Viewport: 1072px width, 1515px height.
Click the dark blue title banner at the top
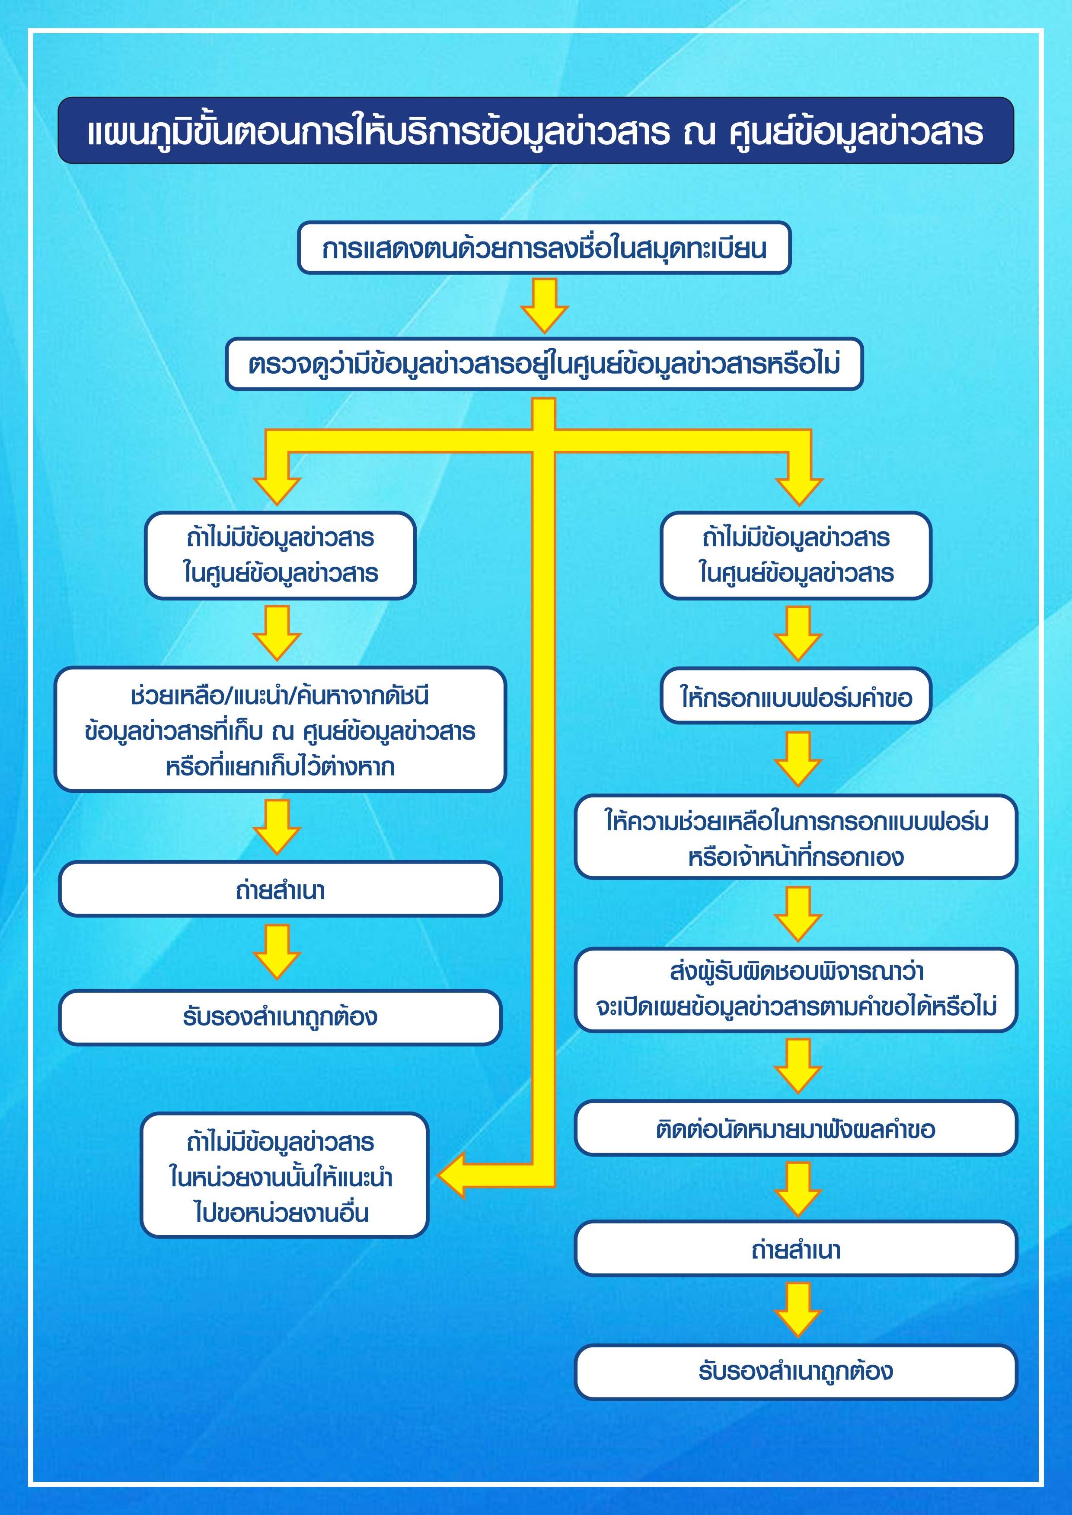pyautogui.click(x=535, y=130)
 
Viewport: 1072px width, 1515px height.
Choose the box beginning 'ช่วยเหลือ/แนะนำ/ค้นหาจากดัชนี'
pyautogui.click(x=280, y=729)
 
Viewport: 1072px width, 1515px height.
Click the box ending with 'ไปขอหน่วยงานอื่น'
pyautogui.click(x=284, y=1175)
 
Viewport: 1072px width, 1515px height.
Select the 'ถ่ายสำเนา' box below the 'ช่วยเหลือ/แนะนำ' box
pyautogui.click(x=280, y=889)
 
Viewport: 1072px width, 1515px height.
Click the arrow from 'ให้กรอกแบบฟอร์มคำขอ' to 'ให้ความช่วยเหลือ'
pyautogui.click(x=798, y=759)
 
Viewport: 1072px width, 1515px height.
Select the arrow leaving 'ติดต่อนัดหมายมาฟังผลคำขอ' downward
pyautogui.click(x=798, y=1189)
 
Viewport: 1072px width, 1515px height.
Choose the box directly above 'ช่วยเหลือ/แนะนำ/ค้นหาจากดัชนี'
pyautogui.click(x=280, y=555)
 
